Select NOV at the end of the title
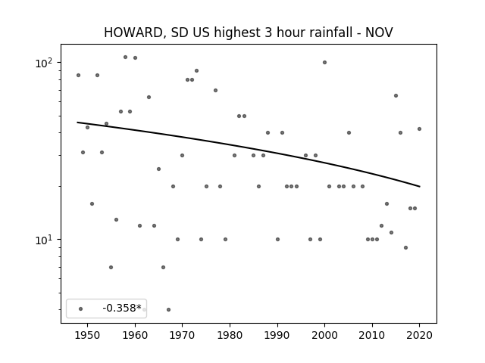pyautogui.click(x=379, y=33)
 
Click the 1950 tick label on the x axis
pyautogui.click(x=88, y=335)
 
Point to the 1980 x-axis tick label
pyautogui.click(x=230, y=335)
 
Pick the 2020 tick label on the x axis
pyautogui.click(x=419, y=335)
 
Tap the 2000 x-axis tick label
pyautogui.click(x=324, y=335)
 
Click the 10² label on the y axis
pyautogui.click(x=42, y=63)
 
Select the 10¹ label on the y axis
pyautogui.click(x=42, y=240)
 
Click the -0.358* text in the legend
pyautogui.click(x=122, y=308)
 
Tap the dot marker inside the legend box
pyautogui.click(x=81, y=309)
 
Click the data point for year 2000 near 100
pyautogui.click(x=324, y=62)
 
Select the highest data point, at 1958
pyautogui.click(x=125, y=57)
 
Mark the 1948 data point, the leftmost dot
pyautogui.click(x=78, y=76)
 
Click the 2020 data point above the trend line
pyautogui.click(x=419, y=129)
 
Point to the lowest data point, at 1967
pyautogui.click(x=168, y=309)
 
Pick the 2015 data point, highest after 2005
pyautogui.click(x=396, y=96)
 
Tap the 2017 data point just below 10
pyautogui.click(x=406, y=247)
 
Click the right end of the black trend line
pyautogui.click(x=420, y=187)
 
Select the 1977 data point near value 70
pyautogui.click(x=215, y=91)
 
